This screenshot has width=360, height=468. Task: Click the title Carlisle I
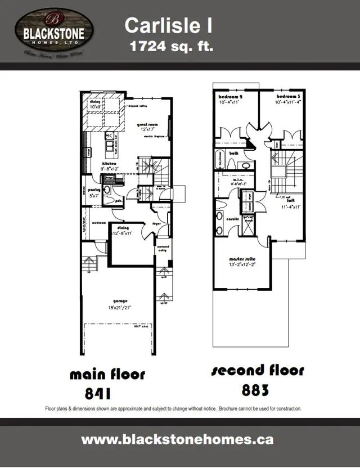[168, 25]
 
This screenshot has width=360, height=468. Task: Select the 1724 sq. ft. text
[172, 46]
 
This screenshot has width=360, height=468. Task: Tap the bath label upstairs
[233, 152]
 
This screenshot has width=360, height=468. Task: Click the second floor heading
[258, 371]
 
